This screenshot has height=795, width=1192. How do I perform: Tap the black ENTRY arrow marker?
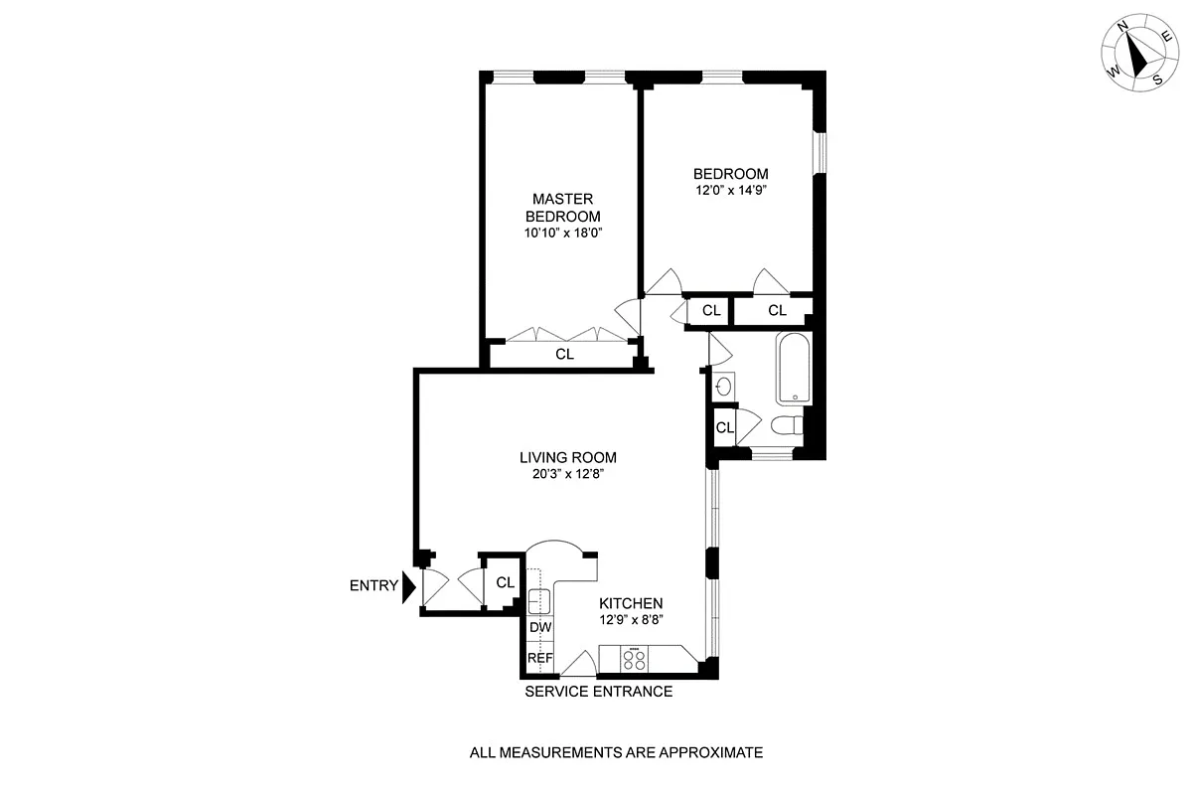[x=407, y=586]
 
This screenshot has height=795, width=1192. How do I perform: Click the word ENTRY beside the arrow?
[x=373, y=586]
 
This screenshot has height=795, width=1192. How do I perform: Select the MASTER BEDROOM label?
[x=562, y=208]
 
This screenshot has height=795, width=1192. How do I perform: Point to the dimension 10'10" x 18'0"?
[x=562, y=233]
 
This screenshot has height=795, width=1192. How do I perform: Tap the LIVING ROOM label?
[x=568, y=458]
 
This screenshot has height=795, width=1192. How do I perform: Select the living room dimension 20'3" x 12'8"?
[x=568, y=474]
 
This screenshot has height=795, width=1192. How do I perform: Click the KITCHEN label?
[x=631, y=603]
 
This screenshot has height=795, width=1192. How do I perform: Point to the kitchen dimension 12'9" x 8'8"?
[x=631, y=619]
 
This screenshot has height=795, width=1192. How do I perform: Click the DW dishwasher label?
[x=539, y=628]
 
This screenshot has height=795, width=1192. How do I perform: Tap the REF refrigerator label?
[x=539, y=658]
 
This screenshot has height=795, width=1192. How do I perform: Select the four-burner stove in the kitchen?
[x=635, y=658]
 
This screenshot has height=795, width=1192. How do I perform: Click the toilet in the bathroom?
[x=787, y=426]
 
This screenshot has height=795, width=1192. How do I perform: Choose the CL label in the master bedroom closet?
[x=564, y=354]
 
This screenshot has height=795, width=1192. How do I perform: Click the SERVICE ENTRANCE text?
[x=598, y=692]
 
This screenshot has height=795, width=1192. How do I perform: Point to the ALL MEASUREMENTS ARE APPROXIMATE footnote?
[x=616, y=752]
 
